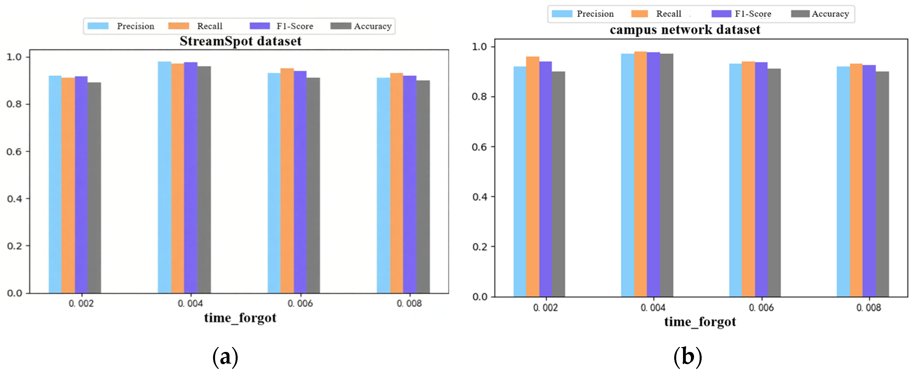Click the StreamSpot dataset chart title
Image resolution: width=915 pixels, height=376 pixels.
pos(240,41)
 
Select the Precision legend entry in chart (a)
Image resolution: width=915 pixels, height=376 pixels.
pos(121,26)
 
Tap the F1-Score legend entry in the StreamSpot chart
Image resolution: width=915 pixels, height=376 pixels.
pos(281,26)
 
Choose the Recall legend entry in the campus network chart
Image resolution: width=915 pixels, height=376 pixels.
pos(656,14)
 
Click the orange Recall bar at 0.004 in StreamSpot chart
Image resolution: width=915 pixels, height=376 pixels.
pos(177,178)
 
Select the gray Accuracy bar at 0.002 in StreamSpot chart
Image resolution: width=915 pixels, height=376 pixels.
pos(94,188)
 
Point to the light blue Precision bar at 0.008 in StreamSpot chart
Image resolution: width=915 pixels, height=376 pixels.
pos(383,185)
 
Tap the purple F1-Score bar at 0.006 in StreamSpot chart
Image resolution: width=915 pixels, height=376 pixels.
pos(300,181)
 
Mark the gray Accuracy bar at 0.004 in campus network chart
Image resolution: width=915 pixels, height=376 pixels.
pos(667,174)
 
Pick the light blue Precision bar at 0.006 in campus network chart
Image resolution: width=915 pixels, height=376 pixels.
pos(735,180)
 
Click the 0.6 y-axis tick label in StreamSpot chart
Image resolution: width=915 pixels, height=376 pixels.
pos(14,152)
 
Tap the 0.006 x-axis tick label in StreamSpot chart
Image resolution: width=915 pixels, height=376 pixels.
pos(300,304)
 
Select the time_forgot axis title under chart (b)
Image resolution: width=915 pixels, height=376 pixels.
pos(700,322)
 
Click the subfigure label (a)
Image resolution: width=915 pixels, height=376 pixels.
pos(225,356)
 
